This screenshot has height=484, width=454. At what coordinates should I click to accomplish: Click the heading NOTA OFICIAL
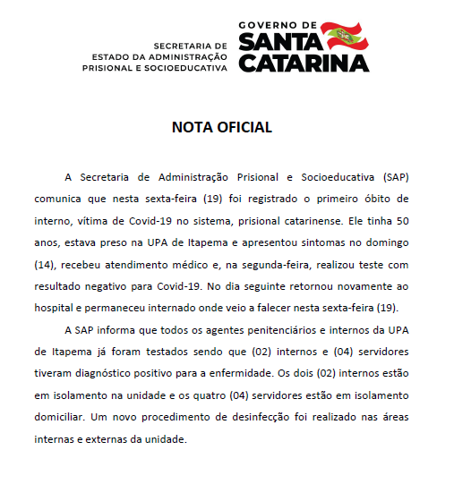(221, 127)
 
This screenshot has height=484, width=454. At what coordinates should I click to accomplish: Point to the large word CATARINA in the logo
(304, 64)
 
